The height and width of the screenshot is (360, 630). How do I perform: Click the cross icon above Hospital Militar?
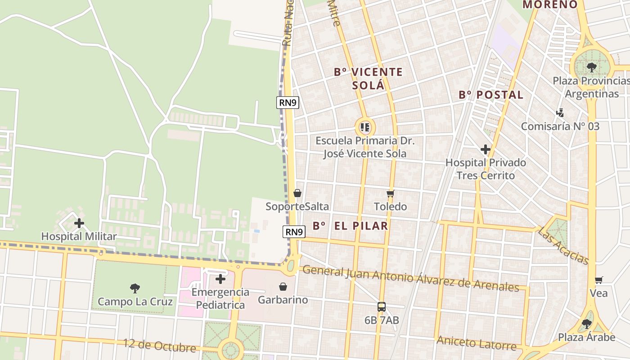coord(79,223)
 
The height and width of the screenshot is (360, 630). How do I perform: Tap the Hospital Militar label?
coord(79,236)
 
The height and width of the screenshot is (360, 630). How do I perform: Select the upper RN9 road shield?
coord(288,102)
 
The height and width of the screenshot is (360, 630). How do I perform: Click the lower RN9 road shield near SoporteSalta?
coord(294,232)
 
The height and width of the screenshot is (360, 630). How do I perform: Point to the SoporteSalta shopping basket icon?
coord(297,193)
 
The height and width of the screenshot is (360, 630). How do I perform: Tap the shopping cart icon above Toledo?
coord(390,193)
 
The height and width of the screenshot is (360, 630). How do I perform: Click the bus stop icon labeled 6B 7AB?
coord(382,307)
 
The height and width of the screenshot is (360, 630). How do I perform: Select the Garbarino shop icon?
coord(283,287)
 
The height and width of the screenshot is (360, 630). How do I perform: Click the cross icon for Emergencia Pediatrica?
coord(220,279)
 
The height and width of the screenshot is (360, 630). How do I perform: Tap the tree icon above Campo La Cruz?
coord(135,288)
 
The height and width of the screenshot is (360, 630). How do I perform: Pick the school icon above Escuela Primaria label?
coord(365,127)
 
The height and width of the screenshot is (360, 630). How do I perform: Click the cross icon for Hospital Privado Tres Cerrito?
coord(486,149)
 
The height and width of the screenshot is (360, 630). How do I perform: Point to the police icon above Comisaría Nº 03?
coord(560,113)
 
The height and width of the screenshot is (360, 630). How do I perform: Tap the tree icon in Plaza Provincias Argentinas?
coord(591,67)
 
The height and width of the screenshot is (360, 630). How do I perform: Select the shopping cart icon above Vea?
coord(598,280)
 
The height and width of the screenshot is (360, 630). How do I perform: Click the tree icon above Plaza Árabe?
coord(586,324)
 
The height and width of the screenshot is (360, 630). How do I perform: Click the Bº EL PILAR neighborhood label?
coord(351,226)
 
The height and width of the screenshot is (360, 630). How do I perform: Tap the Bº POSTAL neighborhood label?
coord(491,95)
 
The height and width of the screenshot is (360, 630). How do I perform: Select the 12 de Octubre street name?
coord(160,346)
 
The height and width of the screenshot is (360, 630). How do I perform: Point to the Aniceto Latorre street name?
coord(476,343)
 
